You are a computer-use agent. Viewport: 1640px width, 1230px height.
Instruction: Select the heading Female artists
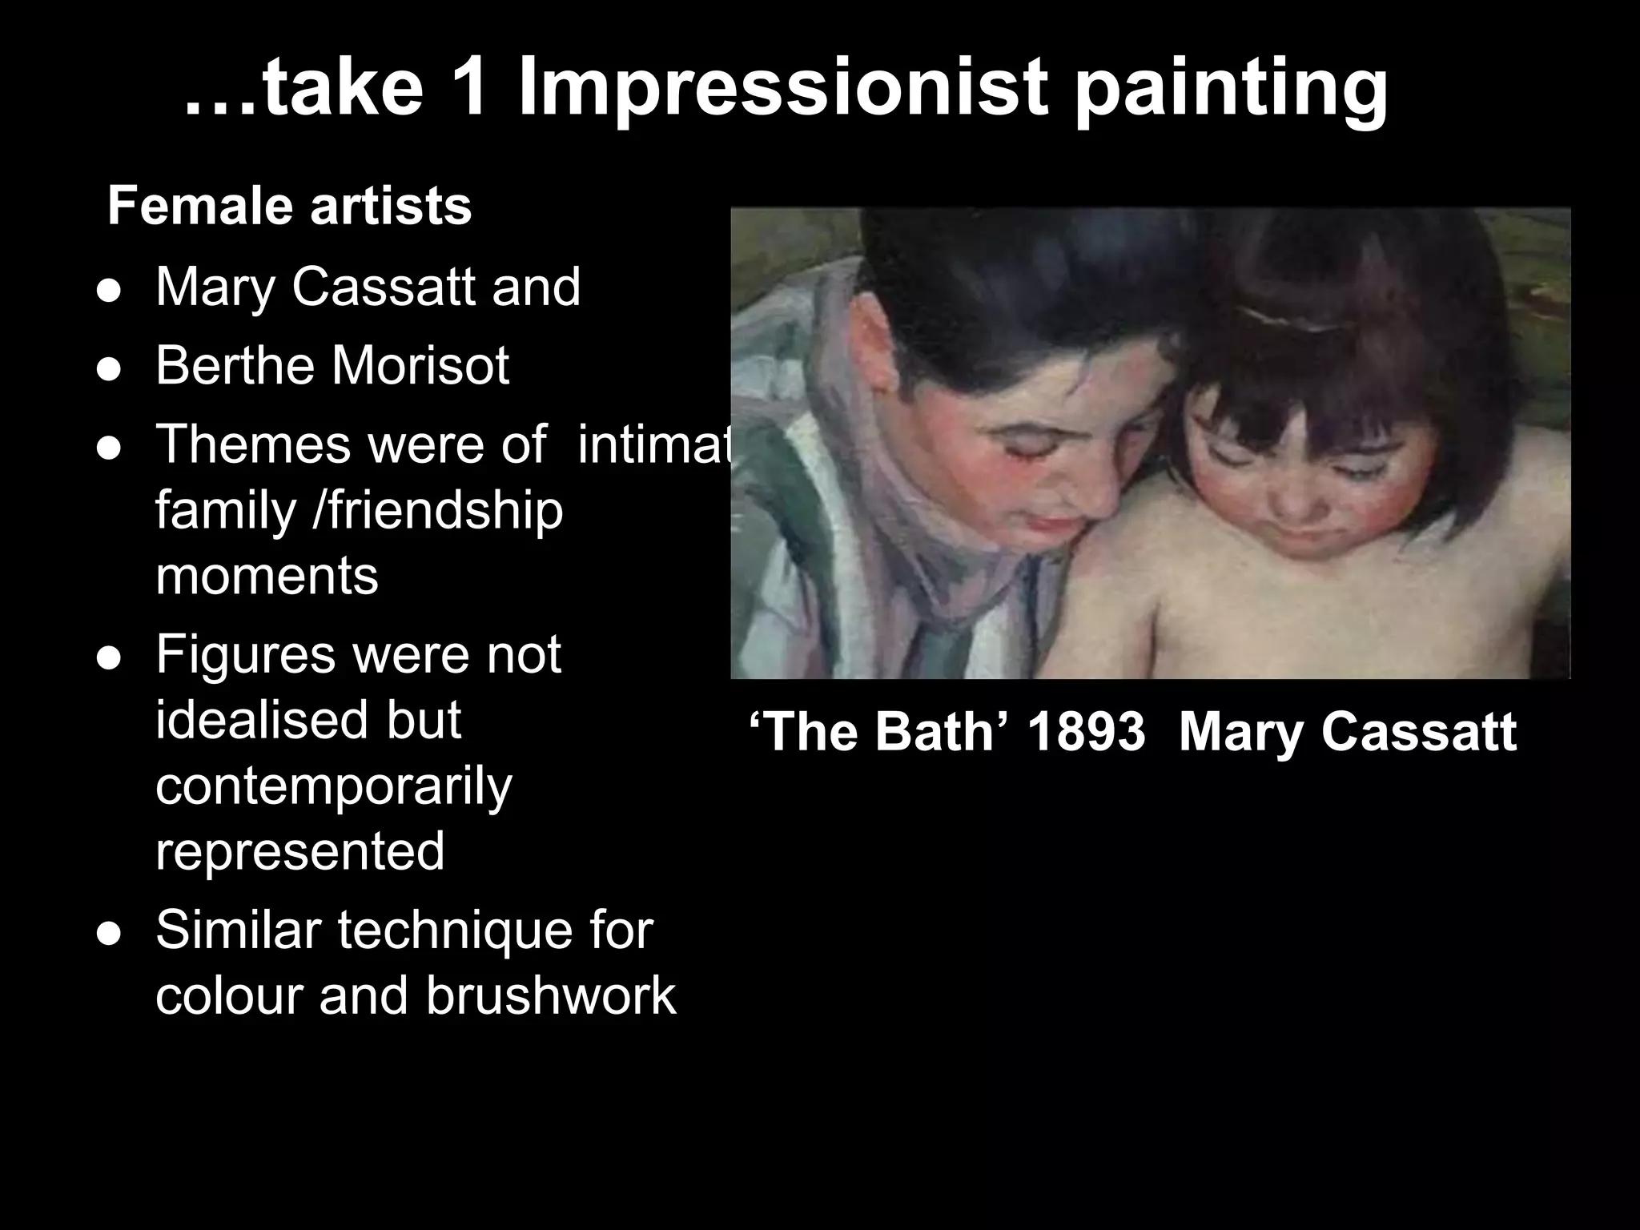click(289, 206)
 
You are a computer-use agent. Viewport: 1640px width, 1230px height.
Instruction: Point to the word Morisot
click(420, 365)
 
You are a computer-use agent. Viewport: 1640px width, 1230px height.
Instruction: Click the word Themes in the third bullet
click(253, 444)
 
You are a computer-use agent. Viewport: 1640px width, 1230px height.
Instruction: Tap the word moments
click(267, 576)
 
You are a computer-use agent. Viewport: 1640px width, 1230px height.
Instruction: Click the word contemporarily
click(333, 786)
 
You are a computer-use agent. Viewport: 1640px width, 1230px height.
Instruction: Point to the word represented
click(299, 850)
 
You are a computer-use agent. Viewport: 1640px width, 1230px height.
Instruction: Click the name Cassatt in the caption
click(1419, 731)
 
